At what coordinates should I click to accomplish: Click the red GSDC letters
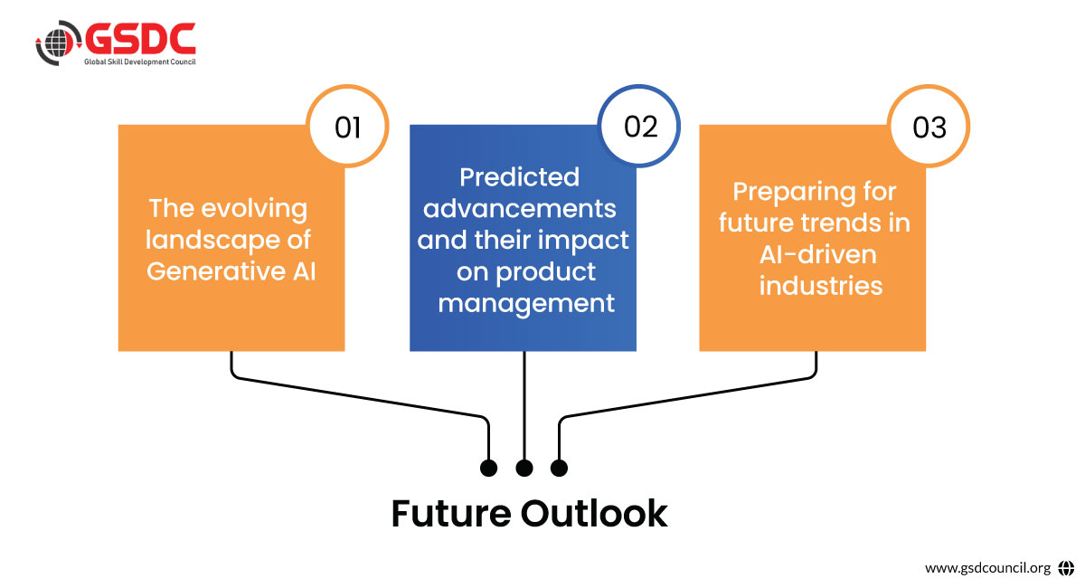140,37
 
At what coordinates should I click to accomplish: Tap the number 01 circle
348,128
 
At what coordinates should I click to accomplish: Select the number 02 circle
640,127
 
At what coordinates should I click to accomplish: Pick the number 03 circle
929,128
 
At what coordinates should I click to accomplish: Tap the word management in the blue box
526,302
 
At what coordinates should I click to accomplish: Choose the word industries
821,286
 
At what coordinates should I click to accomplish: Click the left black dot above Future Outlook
489,468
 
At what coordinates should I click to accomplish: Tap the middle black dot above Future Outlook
524,468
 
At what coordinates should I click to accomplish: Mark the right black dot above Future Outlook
559,468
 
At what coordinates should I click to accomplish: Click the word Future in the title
449,514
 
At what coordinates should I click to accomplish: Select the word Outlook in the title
594,514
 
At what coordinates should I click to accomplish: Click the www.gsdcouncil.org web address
987,568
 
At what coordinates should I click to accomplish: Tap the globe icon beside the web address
1066,568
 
